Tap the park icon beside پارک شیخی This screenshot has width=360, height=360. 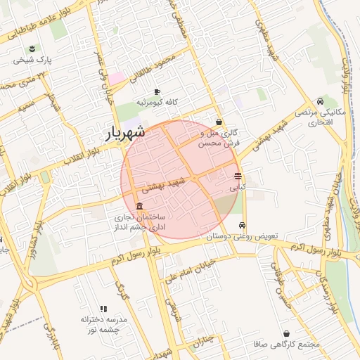[x=32, y=49]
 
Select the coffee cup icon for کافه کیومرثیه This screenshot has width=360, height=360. [x=157, y=91]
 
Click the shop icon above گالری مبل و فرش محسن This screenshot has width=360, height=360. [x=219, y=122]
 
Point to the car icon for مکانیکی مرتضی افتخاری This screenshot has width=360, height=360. [x=321, y=101]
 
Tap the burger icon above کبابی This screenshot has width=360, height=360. [x=238, y=176]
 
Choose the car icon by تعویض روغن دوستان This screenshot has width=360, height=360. [x=243, y=226]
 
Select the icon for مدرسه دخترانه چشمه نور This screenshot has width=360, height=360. [x=103, y=308]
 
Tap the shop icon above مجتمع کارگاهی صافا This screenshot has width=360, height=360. [x=286, y=333]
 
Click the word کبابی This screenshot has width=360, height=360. [x=238, y=188]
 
